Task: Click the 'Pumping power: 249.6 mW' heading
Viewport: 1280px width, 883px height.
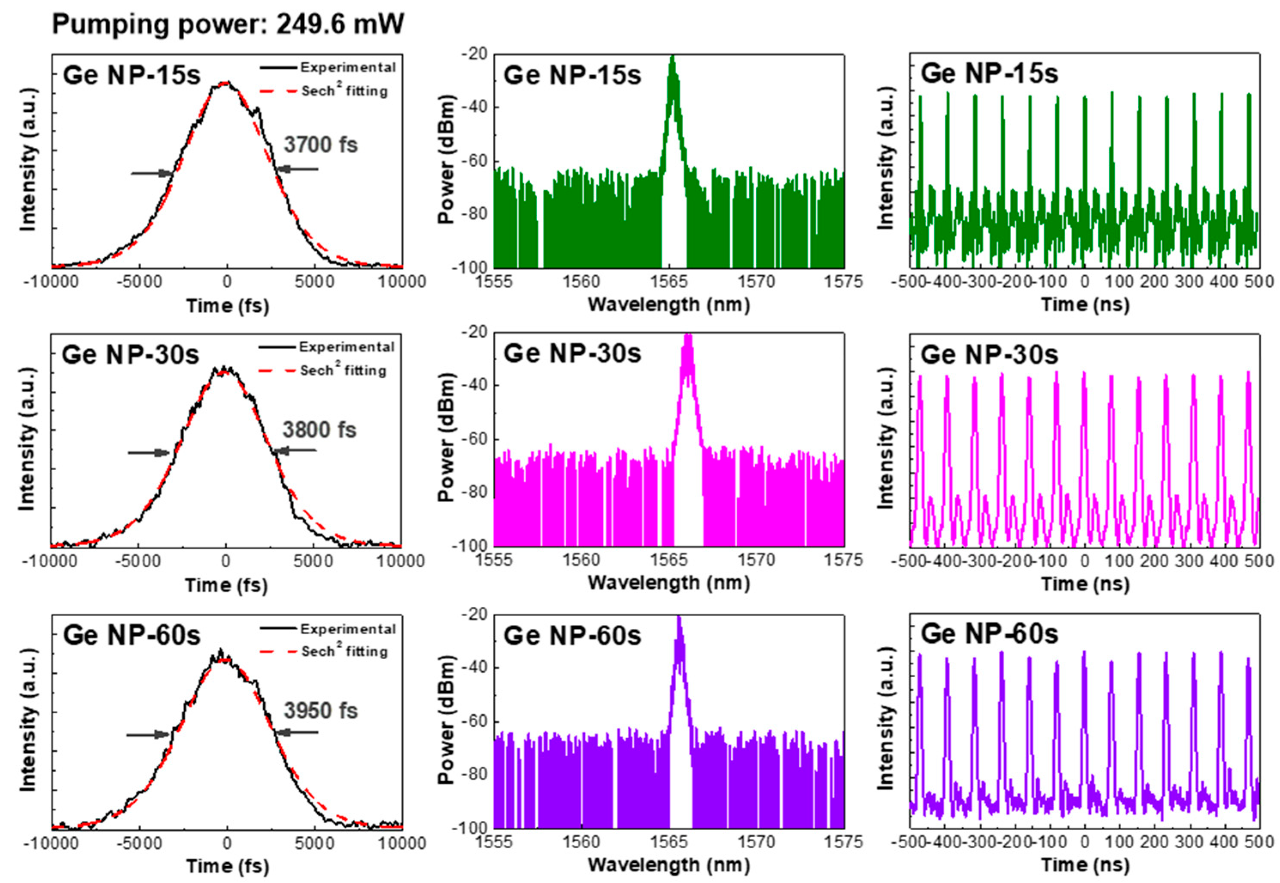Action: [228, 25]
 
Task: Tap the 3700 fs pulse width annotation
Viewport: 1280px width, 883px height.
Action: [321, 145]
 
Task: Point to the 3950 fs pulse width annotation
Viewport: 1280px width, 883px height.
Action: [321, 711]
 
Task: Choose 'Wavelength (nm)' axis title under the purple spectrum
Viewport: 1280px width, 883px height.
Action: [668, 864]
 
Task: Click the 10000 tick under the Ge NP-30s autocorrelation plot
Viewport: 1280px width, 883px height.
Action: [401, 561]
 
